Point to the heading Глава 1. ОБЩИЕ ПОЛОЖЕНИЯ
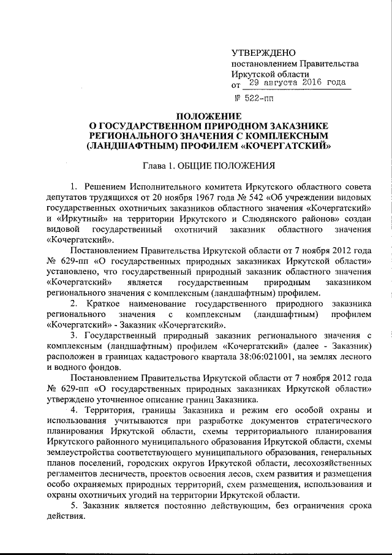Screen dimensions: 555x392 [208, 164]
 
